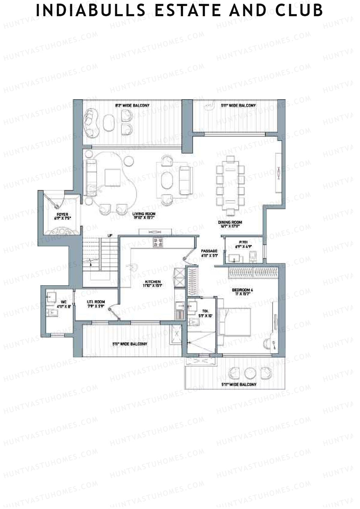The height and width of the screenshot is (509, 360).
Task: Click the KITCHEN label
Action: (153, 283)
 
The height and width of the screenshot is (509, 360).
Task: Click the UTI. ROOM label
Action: (96, 304)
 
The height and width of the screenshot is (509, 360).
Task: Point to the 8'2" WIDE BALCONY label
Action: (132, 106)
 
